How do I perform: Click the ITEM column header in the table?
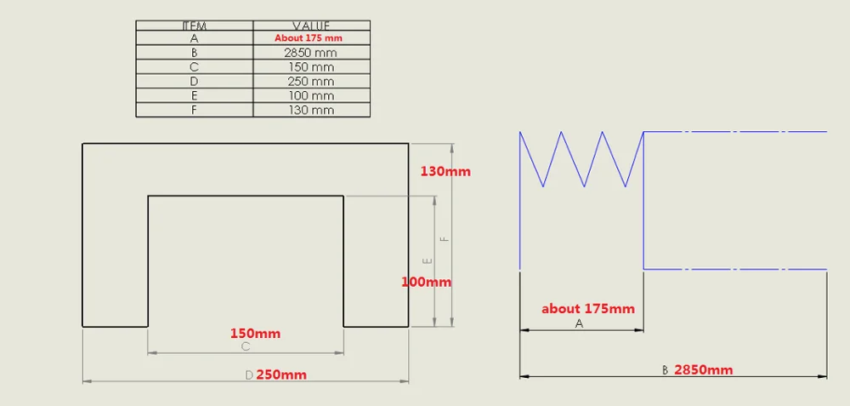click(194, 26)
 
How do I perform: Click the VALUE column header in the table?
click(311, 26)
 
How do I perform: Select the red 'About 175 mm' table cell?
click(309, 38)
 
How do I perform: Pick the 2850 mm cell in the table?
click(310, 53)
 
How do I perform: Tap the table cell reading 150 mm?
click(311, 67)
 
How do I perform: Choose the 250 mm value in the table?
click(311, 82)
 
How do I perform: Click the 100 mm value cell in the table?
click(311, 95)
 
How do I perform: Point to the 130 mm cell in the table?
click(311, 110)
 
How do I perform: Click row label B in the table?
click(194, 53)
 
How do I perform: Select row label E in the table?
click(194, 95)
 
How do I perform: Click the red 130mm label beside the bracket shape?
click(445, 172)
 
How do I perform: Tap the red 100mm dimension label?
click(426, 283)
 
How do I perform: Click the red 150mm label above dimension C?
click(255, 334)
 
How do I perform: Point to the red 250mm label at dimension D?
click(281, 375)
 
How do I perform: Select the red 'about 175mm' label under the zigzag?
click(588, 309)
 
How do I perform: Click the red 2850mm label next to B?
click(704, 370)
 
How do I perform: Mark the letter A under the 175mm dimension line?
click(579, 324)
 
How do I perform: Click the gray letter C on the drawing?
click(246, 346)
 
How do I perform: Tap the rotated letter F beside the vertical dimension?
click(445, 238)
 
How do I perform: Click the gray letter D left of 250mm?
click(249, 375)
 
